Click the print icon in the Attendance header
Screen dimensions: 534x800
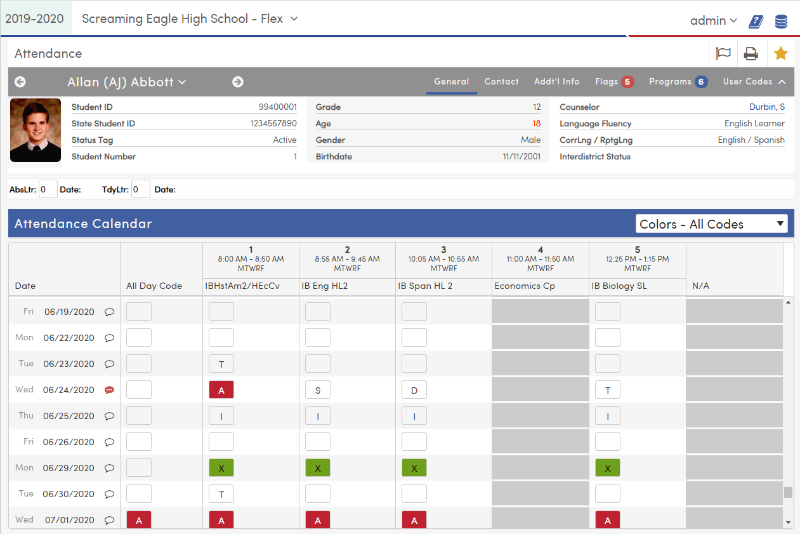point(751,54)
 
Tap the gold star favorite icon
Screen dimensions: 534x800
point(780,54)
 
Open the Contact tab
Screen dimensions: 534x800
point(501,82)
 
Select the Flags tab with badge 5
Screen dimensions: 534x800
point(613,82)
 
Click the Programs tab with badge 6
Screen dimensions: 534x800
point(678,82)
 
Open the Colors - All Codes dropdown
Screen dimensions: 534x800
point(711,224)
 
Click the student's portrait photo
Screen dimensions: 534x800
point(36,130)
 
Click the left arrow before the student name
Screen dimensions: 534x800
point(20,82)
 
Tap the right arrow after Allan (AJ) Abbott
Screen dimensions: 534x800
point(238,82)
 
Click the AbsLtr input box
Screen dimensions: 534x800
point(48,189)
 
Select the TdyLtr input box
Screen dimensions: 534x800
point(141,189)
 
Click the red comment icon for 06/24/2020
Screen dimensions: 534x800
point(109,390)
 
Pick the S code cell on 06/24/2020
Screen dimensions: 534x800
point(318,390)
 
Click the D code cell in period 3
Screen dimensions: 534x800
point(414,390)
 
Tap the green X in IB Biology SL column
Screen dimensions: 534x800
point(607,468)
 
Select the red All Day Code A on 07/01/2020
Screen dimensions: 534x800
point(139,520)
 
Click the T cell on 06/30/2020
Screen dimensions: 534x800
point(221,494)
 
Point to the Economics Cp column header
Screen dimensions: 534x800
point(525,286)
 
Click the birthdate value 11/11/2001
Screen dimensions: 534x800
point(521,156)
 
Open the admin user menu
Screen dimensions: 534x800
point(713,21)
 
